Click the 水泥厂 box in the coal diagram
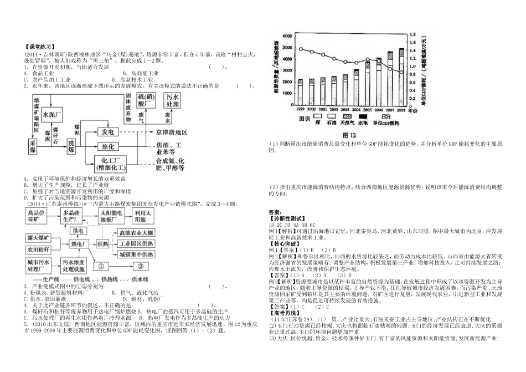pyautogui.click(x=54, y=114)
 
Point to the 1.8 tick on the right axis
pyautogui.click(x=413, y=35)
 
